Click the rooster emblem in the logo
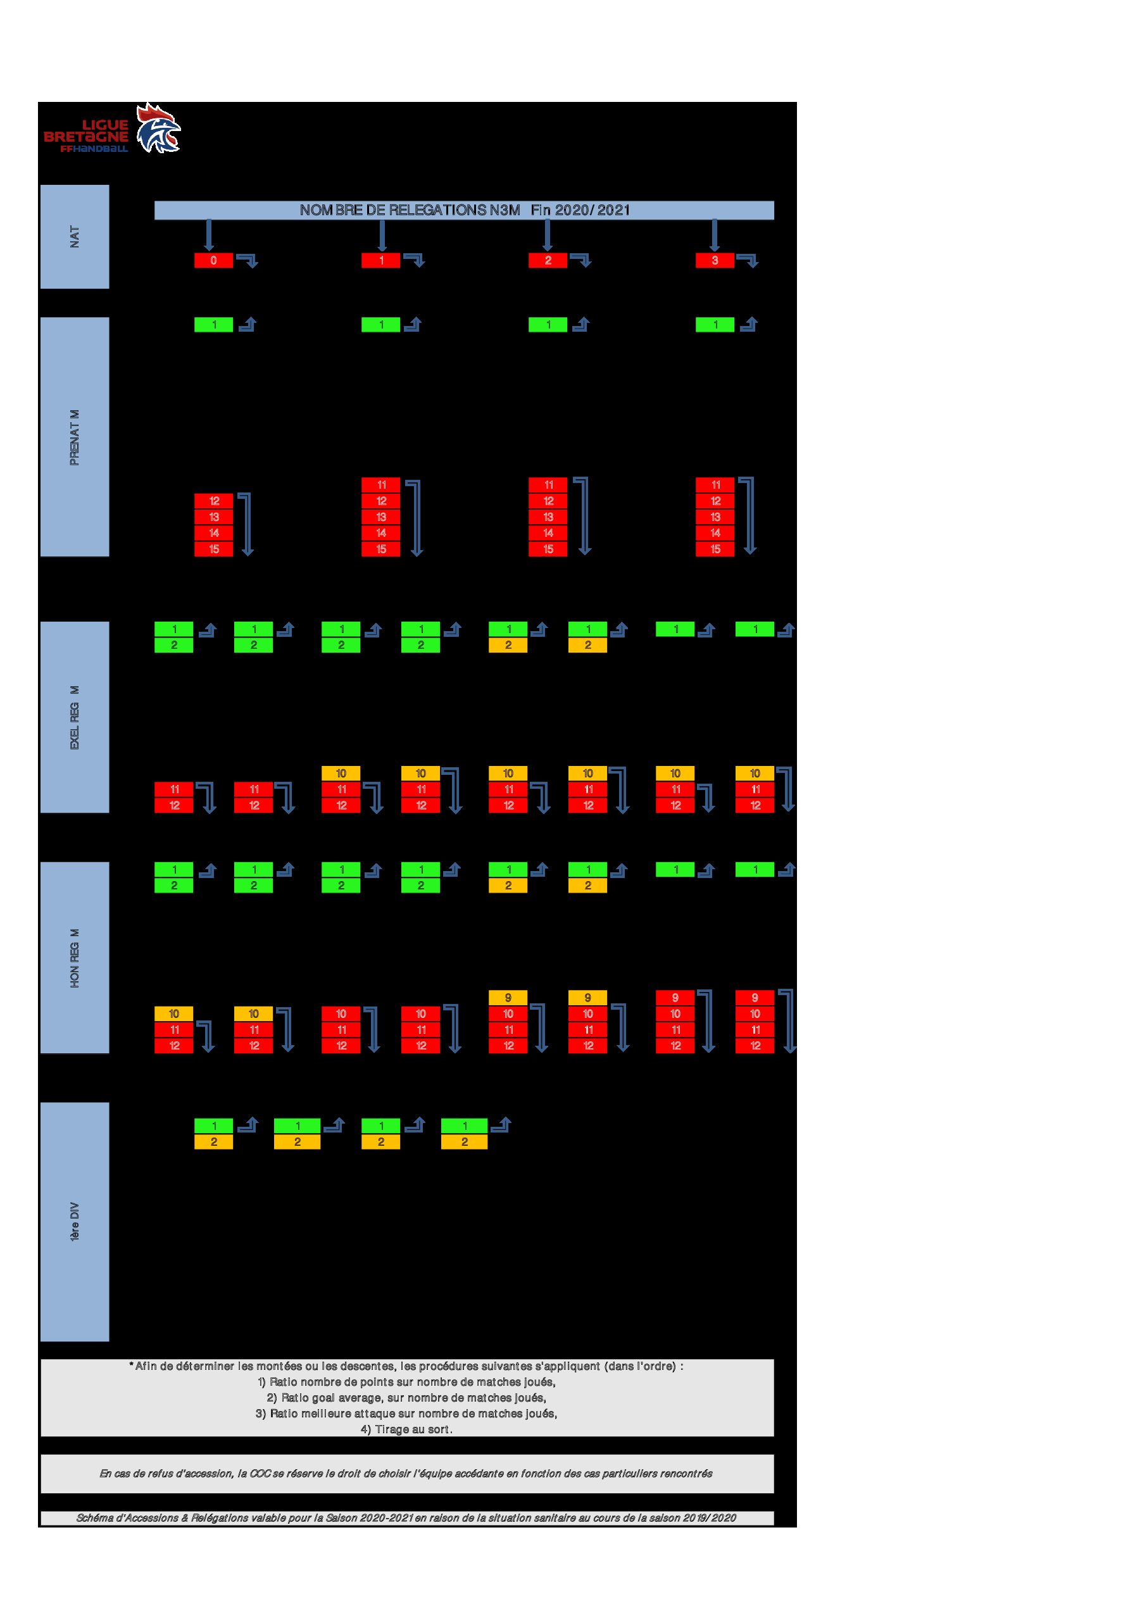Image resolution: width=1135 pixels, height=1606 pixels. (158, 128)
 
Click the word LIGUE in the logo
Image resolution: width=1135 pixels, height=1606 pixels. (105, 125)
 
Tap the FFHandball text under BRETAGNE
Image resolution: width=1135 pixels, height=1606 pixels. (94, 149)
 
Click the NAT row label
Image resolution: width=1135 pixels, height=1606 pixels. (75, 236)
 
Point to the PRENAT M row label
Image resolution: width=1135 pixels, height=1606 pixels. (75, 437)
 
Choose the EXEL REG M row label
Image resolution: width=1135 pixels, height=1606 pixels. (75, 717)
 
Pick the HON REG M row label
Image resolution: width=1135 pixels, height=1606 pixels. (75, 958)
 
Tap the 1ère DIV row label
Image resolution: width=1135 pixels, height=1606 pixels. (75, 1221)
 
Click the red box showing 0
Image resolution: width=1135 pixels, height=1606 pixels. (213, 260)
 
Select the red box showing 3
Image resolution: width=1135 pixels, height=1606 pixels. (715, 260)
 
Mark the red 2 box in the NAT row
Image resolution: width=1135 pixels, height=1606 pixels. (548, 260)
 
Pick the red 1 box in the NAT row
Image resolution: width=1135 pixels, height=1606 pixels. (380, 260)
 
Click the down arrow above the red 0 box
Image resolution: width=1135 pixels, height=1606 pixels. (208, 235)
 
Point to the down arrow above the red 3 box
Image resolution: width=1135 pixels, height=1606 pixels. (714, 235)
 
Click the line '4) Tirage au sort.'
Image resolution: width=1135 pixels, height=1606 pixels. (407, 1429)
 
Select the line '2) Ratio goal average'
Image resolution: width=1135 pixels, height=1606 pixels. (407, 1398)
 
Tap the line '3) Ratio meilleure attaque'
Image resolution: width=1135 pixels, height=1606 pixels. (407, 1413)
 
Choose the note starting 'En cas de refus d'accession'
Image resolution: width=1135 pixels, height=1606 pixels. (406, 1473)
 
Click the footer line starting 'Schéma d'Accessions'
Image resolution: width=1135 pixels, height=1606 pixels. (406, 1518)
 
